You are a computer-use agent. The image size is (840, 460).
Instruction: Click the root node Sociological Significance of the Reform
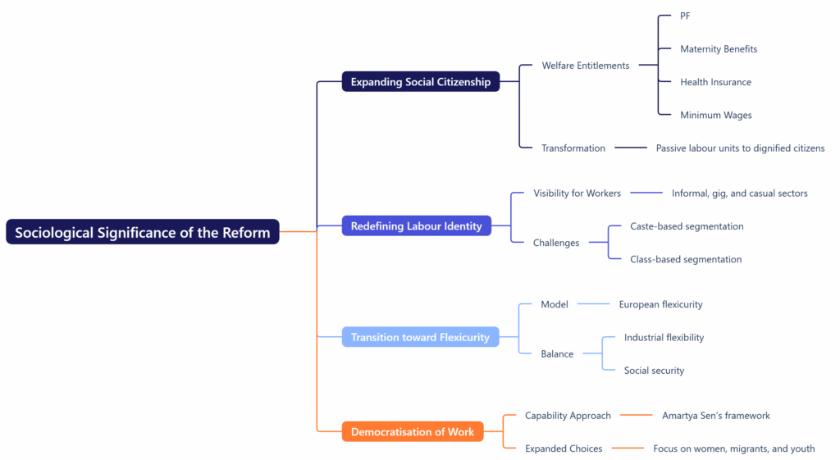[x=142, y=232]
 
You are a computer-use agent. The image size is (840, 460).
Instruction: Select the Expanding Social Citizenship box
[x=420, y=82]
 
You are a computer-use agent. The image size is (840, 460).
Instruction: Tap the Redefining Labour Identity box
[x=416, y=225]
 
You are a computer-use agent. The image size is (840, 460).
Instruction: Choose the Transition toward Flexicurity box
[x=420, y=337]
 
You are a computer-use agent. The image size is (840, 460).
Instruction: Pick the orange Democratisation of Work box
[x=412, y=431]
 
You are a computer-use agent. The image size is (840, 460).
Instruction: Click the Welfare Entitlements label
[x=585, y=66]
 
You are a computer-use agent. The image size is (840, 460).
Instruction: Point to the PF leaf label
[x=685, y=16]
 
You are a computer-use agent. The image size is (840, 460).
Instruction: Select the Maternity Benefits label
[x=718, y=49]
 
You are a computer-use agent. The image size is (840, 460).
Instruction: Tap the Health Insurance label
[x=715, y=82]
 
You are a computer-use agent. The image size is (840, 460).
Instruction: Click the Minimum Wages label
[x=715, y=115]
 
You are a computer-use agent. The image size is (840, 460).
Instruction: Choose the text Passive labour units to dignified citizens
[x=740, y=148]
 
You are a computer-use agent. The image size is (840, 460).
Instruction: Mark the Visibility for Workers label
[x=577, y=194]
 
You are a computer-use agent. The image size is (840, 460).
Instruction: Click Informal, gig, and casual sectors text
[x=739, y=194]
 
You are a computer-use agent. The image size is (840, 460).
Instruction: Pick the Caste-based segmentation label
[x=686, y=226]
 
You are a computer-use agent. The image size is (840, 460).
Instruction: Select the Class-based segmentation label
[x=685, y=259]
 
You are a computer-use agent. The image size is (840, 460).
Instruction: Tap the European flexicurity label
[x=660, y=304]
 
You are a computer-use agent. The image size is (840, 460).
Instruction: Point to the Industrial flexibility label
[x=664, y=337]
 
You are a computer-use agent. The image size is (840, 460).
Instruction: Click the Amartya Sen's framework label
[x=715, y=416]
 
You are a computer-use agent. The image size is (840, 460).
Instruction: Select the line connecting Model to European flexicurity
[x=594, y=304]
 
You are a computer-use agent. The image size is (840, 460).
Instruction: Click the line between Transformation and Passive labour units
[x=630, y=148]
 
